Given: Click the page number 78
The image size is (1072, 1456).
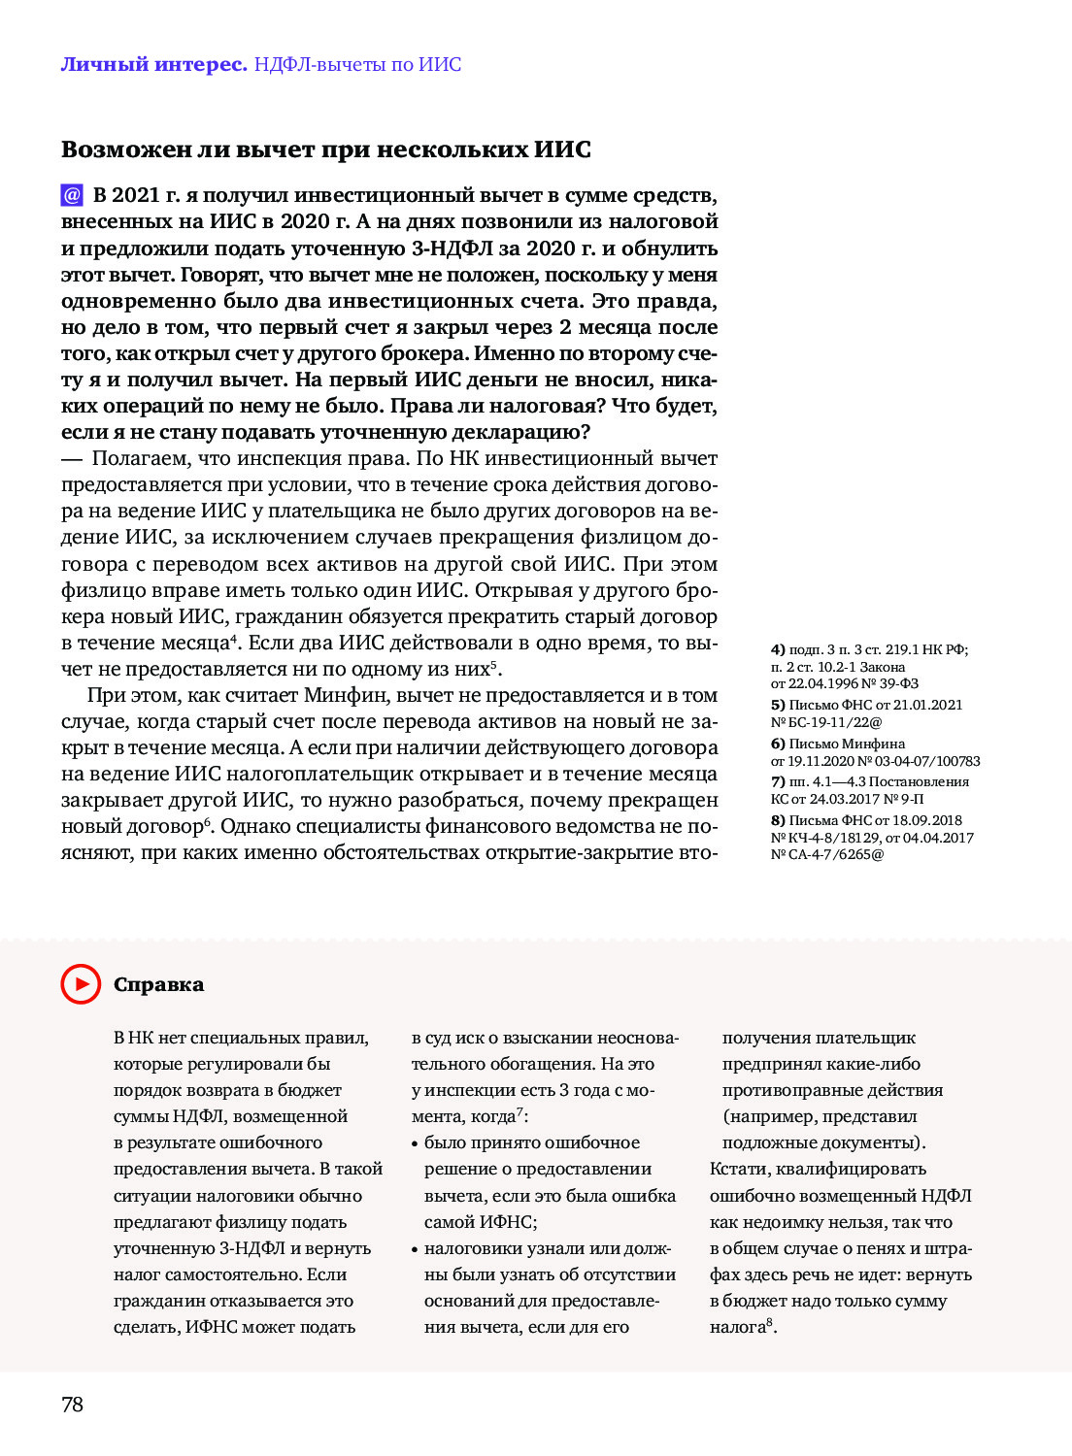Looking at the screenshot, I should (73, 1405).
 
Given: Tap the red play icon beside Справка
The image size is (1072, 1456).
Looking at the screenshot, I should (81, 984).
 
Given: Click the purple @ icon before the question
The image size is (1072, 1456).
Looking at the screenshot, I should (72, 195).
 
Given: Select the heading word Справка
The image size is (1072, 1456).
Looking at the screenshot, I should (158, 984).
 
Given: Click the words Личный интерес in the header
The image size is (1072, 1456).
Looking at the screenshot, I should (153, 65).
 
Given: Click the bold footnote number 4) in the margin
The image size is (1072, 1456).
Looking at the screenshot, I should (778, 649).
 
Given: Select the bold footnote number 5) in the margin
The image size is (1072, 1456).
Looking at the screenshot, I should (778, 705).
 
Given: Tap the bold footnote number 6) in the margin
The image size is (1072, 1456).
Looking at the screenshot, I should (778, 744).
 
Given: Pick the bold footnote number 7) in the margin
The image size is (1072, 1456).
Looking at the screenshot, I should (778, 781).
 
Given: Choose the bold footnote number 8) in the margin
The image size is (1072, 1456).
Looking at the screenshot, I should (778, 820).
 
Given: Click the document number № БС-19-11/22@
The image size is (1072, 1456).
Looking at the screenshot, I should (826, 722).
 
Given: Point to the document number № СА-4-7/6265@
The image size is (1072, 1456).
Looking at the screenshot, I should (827, 855).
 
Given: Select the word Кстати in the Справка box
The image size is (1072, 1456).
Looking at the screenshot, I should (741, 1169).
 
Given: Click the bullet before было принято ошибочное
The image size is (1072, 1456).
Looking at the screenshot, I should (416, 1143).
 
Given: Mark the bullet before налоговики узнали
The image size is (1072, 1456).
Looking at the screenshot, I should (416, 1249).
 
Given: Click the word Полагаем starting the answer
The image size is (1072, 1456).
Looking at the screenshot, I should (141, 458).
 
